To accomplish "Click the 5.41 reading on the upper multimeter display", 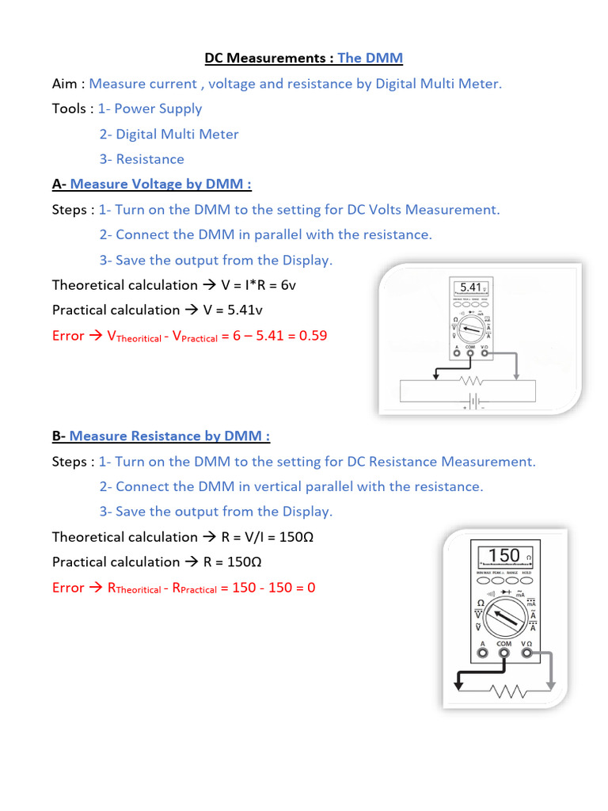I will (x=470, y=287).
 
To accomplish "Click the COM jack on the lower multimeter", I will (x=504, y=655).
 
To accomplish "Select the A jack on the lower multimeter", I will (x=482, y=655).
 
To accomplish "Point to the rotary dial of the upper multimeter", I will (x=471, y=329).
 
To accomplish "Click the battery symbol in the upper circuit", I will (x=473, y=402).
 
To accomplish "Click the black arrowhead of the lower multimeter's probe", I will (x=457, y=686).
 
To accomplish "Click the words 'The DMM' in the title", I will (x=370, y=58).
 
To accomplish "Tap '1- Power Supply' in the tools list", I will (x=150, y=109).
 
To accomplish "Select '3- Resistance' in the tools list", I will (x=142, y=159).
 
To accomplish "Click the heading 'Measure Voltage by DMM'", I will (x=161, y=185).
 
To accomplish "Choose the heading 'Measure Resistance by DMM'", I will (x=169, y=436).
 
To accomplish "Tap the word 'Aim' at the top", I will (x=65, y=83).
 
